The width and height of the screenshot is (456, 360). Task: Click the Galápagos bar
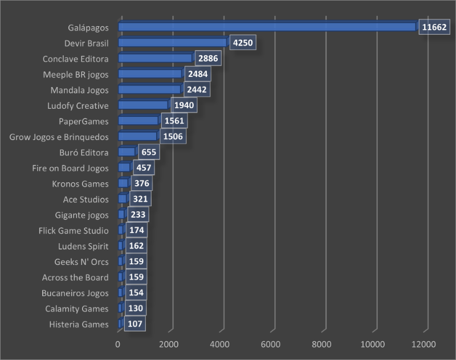tap(268, 27)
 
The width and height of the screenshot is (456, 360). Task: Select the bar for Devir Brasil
tap(173, 43)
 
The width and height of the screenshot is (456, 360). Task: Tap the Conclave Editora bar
tap(155, 58)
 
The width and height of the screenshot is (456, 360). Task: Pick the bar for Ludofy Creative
tap(143, 105)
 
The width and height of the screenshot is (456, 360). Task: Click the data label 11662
tap(434, 27)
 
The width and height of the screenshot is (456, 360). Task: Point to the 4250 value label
tap(243, 43)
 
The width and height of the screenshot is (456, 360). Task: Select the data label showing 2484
tap(197, 74)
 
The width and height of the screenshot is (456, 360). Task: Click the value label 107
tap(135, 324)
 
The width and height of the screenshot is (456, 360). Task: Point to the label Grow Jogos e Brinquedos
tap(59, 137)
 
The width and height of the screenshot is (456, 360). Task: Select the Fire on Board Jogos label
tap(70, 168)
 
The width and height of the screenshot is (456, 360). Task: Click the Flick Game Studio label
tap(74, 231)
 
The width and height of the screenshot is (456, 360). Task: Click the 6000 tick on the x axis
tap(274, 344)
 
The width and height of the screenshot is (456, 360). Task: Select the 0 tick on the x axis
tap(118, 344)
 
